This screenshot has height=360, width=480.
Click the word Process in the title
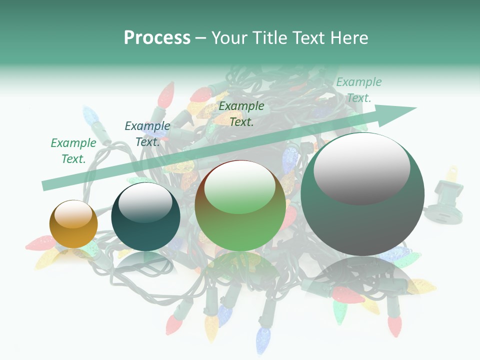157,38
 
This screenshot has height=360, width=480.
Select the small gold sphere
73,224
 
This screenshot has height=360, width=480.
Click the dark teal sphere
145,216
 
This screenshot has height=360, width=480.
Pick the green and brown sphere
240,206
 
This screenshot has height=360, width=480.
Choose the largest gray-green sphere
362,194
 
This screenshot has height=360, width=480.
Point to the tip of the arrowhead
416,108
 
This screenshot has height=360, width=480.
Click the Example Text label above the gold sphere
73,151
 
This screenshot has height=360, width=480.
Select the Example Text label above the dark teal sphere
147,134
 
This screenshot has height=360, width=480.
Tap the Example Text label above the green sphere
241,113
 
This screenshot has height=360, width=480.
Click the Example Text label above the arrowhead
358,90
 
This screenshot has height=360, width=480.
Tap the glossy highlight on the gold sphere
73,214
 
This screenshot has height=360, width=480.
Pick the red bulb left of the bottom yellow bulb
173,323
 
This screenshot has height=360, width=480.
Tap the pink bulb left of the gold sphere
40,243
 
